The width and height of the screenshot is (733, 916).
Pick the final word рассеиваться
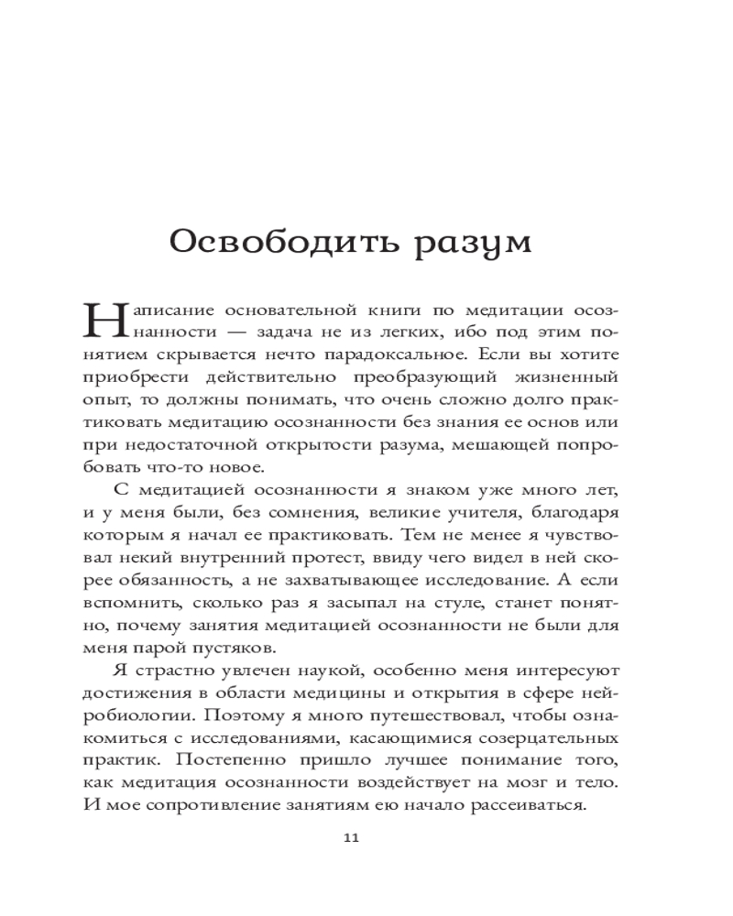coord(530,806)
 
